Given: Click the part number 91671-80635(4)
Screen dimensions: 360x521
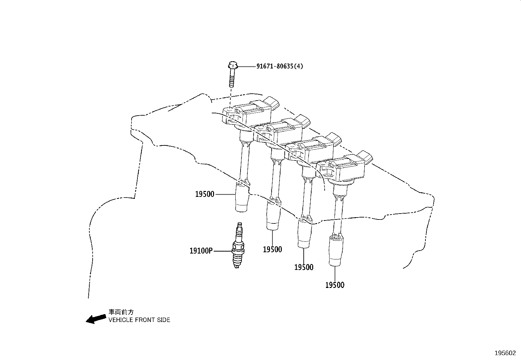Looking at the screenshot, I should coord(279,66).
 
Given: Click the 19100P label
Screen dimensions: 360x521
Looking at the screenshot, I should coord(201,251).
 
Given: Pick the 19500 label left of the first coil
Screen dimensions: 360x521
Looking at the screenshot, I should coord(205,194).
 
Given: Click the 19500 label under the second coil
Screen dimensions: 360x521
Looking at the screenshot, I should coord(272,250).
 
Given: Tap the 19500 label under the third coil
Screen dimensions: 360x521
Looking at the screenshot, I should coord(304,267).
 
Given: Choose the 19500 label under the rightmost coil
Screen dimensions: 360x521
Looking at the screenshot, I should coord(335,285).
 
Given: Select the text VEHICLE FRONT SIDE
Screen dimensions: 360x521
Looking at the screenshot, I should coord(139,320).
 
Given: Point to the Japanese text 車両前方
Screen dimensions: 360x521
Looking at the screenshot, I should coord(121,312).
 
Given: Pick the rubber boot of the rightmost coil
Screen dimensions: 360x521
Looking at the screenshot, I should coord(336,251).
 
